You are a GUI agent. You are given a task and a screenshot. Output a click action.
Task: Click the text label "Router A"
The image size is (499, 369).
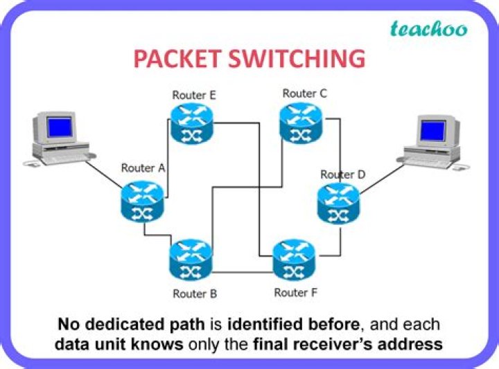click(x=143, y=168)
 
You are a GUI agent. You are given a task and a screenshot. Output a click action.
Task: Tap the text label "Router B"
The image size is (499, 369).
click(x=195, y=294)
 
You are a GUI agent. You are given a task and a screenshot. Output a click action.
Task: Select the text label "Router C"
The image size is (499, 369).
click(x=304, y=93)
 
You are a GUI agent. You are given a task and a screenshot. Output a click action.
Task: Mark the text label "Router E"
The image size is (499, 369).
click(x=194, y=95)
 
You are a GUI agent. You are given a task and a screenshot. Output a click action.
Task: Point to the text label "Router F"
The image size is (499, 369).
click(x=296, y=292)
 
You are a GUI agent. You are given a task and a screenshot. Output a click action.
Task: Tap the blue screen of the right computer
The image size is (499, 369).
click(x=433, y=130)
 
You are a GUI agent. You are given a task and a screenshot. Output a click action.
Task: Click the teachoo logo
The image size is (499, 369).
click(x=428, y=28)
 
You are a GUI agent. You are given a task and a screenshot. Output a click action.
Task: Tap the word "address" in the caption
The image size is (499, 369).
click(x=412, y=343)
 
